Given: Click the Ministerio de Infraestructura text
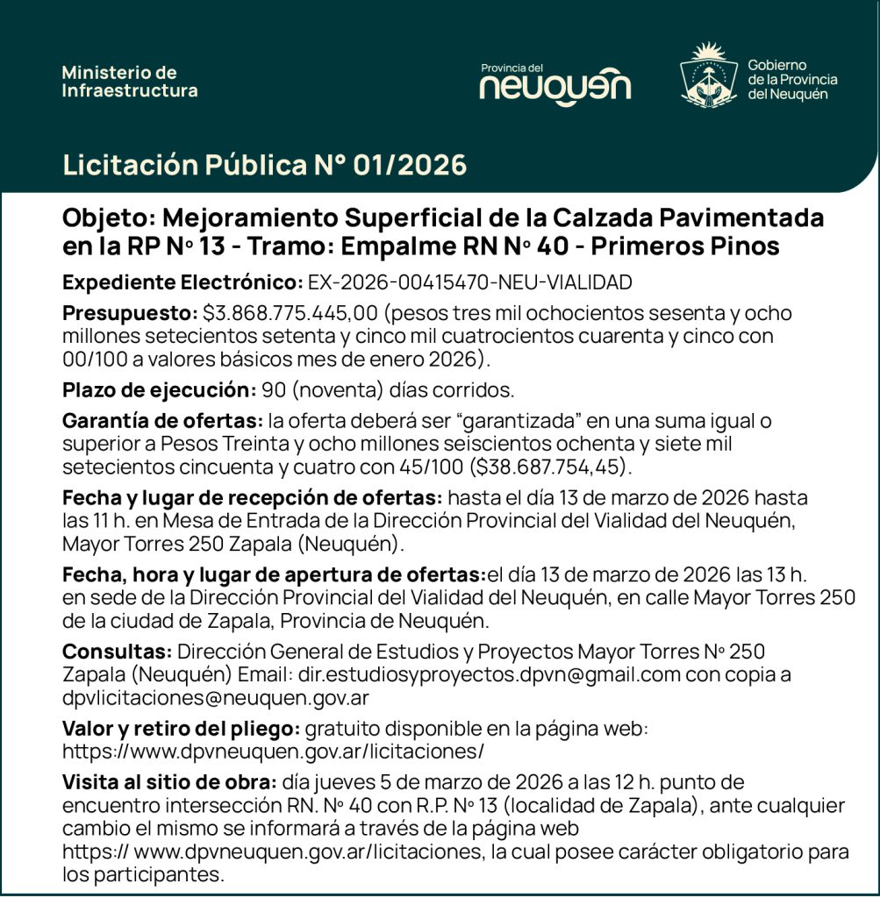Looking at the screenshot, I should point(130,82).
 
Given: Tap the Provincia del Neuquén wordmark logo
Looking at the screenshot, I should point(554,82).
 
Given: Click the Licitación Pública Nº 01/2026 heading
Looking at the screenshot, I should point(264,165).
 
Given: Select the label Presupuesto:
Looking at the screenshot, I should point(130,314).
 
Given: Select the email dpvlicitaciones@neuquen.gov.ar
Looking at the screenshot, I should point(216,698).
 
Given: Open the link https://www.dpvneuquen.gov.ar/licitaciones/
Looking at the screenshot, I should point(273,752).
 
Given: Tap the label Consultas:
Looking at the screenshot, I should point(117,652).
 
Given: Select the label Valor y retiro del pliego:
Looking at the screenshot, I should point(182,729).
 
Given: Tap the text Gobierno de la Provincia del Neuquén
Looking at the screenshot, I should point(792,80).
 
